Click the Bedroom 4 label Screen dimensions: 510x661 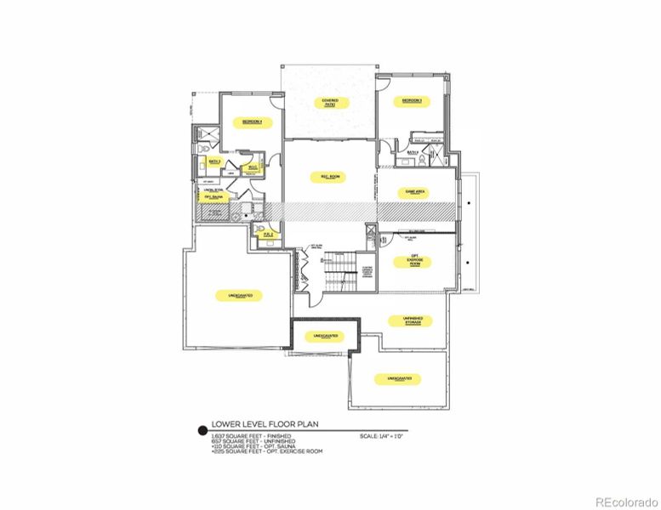(x=252, y=122)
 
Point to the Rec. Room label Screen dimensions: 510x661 (x=330, y=177)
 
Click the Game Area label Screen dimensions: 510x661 (x=415, y=193)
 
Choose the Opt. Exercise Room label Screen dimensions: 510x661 (x=415, y=260)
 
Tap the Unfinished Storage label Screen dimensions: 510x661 (x=412, y=320)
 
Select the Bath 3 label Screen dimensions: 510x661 (x=214, y=160)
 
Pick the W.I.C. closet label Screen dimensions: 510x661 (x=253, y=167)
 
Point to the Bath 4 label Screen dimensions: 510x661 (x=412, y=153)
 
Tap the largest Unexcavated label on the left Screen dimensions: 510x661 (x=239, y=294)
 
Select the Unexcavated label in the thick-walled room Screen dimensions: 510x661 (x=325, y=336)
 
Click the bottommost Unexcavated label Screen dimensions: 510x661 (x=400, y=377)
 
